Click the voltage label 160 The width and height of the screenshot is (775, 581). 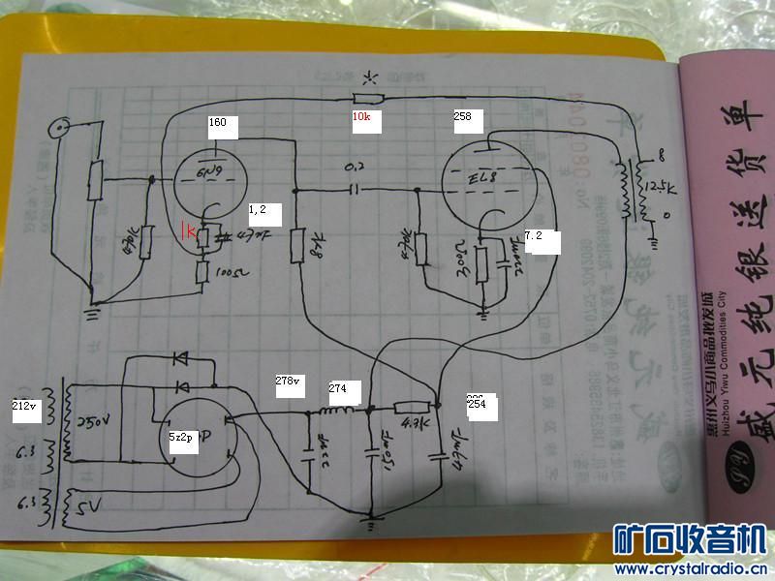pyautogui.click(x=217, y=123)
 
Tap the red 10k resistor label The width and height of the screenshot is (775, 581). pyautogui.click(x=360, y=116)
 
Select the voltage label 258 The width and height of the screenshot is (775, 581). pyautogui.click(x=463, y=116)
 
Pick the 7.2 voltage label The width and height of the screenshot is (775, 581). pyautogui.click(x=534, y=235)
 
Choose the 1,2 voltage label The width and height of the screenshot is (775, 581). pyautogui.click(x=258, y=208)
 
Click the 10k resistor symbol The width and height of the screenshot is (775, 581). pyautogui.click(x=368, y=98)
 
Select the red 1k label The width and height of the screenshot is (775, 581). pyautogui.click(x=192, y=231)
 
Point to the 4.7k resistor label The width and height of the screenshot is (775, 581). pyautogui.click(x=411, y=421)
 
